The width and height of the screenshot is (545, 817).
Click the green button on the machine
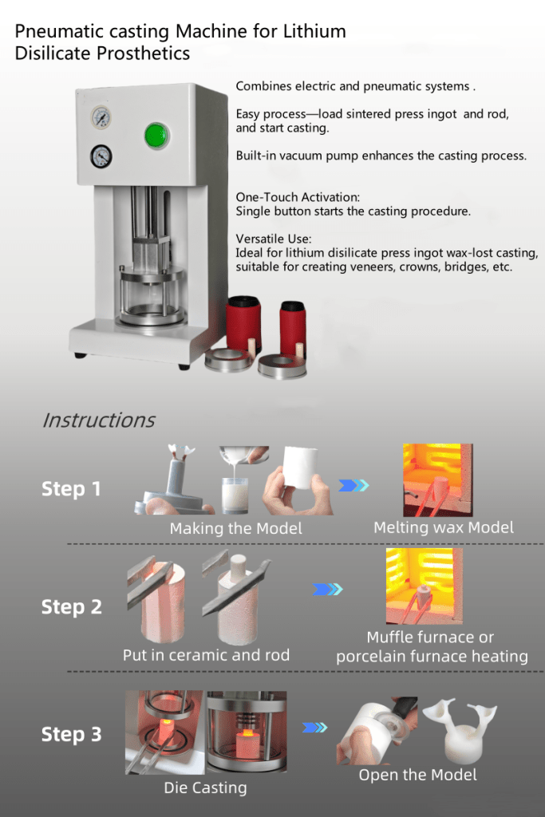pyautogui.click(x=157, y=135)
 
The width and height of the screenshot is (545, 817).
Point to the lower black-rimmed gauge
pyautogui.click(x=101, y=156)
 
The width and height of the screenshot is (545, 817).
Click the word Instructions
pyautogui.click(x=98, y=420)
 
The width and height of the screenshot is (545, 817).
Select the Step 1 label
pyautogui.click(x=71, y=489)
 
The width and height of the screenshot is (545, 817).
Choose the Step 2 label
pyautogui.click(x=71, y=607)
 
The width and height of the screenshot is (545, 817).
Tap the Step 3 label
pyautogui.click(x=71, y=735)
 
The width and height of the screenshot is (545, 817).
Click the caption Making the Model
pyautogui.click(x=235, y=528)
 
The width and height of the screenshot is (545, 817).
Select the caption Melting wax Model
pyautogui.click(x=443, y=527)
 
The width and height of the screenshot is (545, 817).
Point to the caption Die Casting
pyautogui.click(x=205, y=787)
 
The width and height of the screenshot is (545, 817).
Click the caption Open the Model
pyautogui.click(x=417, y=775)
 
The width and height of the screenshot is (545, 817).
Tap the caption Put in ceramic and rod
pyautogui.click(x=206, y=655)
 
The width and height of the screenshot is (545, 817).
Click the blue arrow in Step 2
pyautogui.click(x=327, y=590)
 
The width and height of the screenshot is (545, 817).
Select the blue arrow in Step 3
pyautogui.click(x=316, y=727)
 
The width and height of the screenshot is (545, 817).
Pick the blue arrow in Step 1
pyautogui.click(x=354, y=484)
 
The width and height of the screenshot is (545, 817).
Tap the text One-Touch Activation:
pyautogui.click(x=298, y=196)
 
